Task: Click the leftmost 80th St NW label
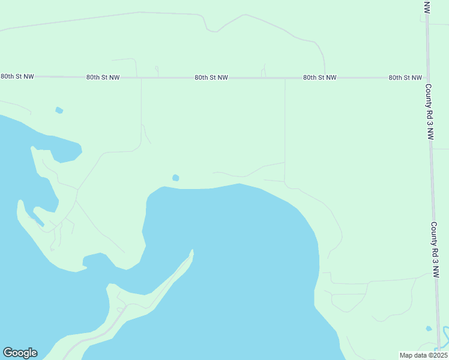[17, 77]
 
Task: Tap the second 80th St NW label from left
[103, 77]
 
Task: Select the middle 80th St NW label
[211, 78]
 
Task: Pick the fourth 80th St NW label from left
[319, 78]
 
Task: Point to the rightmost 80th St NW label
[405, 78]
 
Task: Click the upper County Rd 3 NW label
[429, 112]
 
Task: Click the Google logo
[20, 353]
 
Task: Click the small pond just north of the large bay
[175, 178]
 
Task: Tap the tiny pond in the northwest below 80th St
[59, 110]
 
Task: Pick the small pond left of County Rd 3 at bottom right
[428, 329]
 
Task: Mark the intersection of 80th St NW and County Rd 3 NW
[427, 78]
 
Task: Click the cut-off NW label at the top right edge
[427, 7]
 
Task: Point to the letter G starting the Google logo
[8, 353]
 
